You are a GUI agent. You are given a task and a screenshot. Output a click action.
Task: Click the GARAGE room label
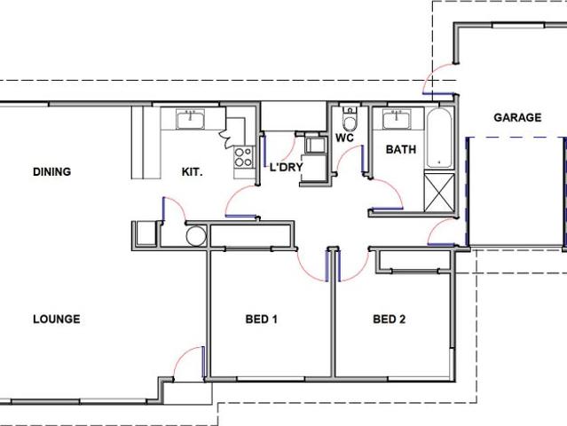point(517,117)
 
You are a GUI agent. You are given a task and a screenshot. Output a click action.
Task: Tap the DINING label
point(51,171)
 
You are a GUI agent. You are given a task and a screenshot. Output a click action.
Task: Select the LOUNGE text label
point(56,319)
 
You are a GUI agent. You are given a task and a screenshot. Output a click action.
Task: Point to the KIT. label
point(192,171)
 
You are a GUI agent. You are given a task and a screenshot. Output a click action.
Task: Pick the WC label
point(345,138)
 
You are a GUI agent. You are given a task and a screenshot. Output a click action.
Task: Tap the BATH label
point(401,150)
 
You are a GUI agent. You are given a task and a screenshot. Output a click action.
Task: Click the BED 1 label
point(262,319)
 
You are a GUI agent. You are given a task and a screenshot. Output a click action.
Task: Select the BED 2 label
point(390,319)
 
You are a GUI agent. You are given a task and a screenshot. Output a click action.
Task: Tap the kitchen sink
point(191,119)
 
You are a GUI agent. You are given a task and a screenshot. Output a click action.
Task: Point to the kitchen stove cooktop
point(242,158)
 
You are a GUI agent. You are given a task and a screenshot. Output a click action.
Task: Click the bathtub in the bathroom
point(439,139)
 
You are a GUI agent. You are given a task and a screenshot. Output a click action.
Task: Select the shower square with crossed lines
point(439,192)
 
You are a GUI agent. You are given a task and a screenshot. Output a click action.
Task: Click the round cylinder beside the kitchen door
point(196,235)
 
